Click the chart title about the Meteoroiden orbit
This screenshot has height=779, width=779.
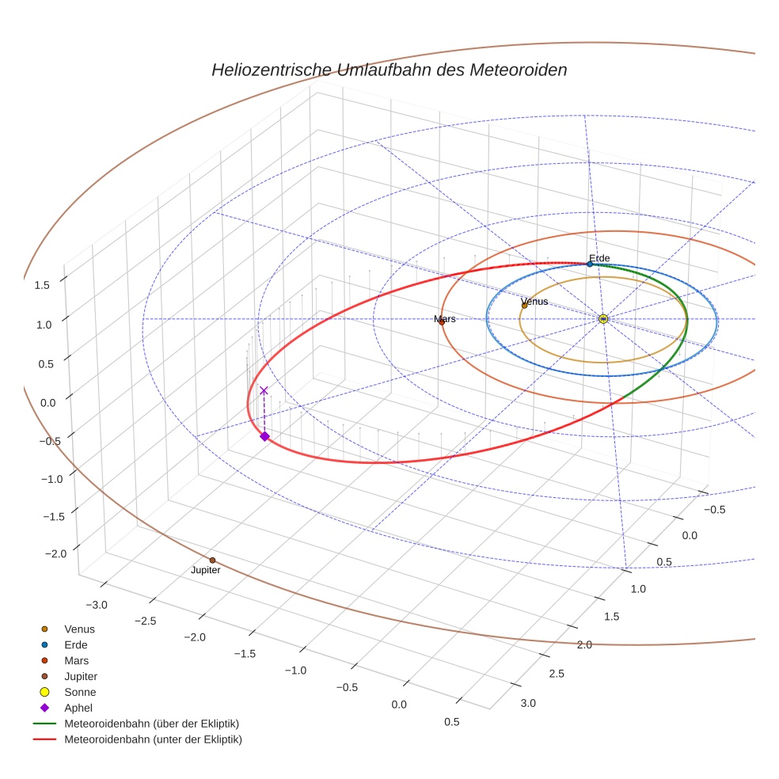389,70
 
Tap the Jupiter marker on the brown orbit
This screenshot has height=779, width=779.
212,560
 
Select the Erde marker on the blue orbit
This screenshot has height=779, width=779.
590,264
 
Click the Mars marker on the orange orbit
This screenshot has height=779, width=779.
442,321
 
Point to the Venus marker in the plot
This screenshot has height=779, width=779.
524,305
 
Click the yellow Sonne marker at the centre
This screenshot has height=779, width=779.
603,318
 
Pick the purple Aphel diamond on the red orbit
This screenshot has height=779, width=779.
264,436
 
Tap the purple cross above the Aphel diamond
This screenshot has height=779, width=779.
264,390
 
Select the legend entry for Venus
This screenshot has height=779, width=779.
79,629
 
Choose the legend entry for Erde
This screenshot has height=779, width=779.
77,644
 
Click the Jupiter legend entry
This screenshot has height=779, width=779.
81,676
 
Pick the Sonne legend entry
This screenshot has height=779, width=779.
80,692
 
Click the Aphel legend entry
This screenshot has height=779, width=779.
78,708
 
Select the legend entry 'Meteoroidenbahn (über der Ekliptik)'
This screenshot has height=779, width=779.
151,724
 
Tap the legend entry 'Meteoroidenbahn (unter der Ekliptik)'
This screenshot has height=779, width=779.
153,739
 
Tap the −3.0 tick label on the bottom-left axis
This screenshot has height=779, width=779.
97,605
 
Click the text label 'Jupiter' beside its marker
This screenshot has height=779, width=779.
206,570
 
